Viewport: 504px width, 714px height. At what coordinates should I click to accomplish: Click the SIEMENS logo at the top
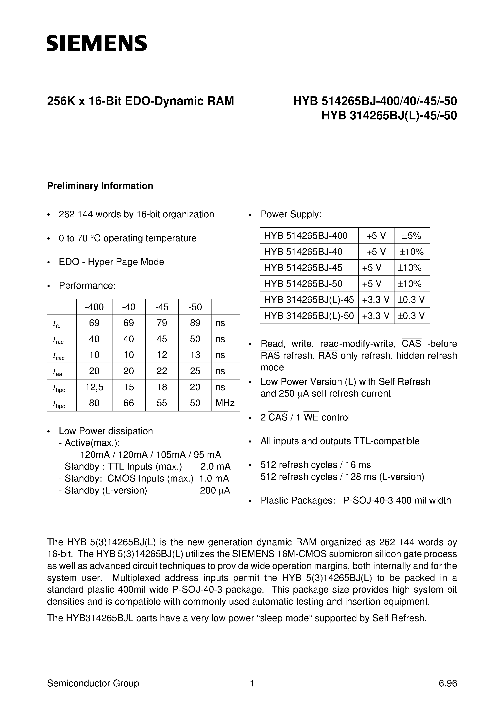coord(97,43)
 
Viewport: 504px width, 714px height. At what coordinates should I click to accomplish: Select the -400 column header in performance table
coord(94,307)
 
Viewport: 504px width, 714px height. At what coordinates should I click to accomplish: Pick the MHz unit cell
coord(225,403)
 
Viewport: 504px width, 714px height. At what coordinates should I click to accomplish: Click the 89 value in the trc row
coord(195,323)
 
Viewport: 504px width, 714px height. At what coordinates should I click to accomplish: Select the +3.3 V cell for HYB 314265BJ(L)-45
coord(376,300)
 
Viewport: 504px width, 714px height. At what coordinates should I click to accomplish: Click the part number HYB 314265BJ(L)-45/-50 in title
coord(389,115)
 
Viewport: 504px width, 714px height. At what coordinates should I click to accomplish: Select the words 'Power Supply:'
coord(291,214)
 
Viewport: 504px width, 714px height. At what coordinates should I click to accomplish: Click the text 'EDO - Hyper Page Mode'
coord(111,262)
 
